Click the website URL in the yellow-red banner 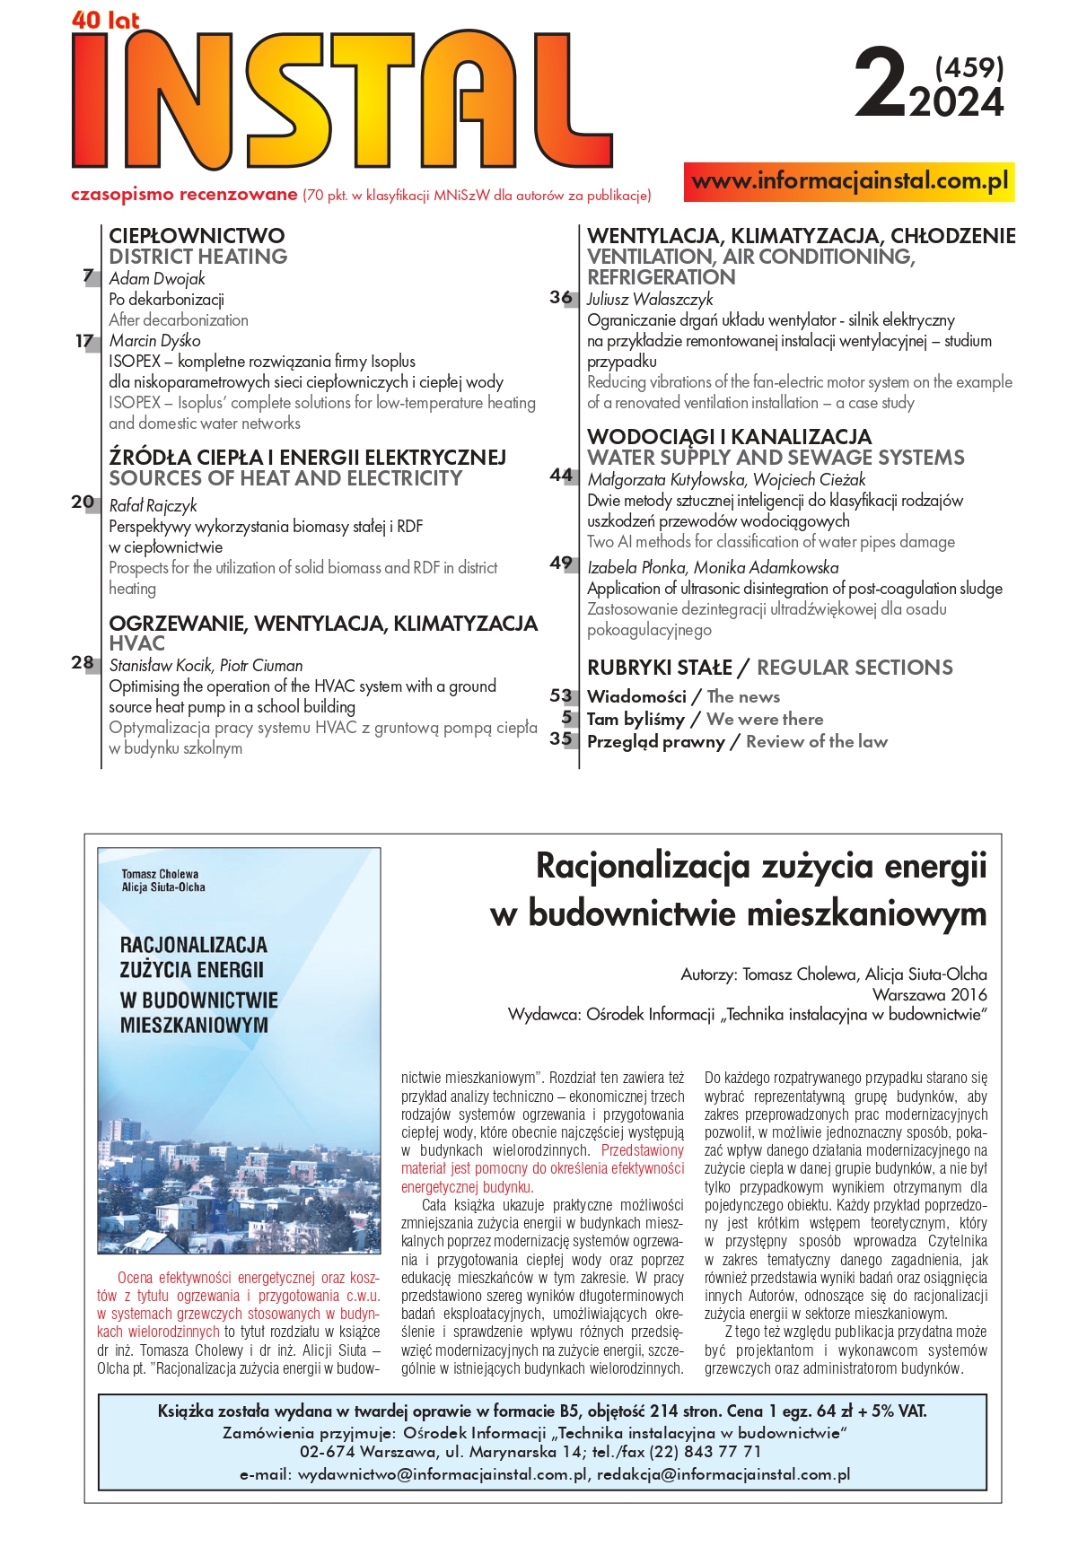849,181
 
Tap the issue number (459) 969,67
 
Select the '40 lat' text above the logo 105,20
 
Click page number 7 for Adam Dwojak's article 88,276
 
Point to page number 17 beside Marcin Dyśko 84,341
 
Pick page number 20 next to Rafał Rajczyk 83,502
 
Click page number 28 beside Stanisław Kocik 83,663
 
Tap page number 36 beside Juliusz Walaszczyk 561,297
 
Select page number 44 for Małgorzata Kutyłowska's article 561,476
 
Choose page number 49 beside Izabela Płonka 561,564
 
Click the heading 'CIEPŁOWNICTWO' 197,236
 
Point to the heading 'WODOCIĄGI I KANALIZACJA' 729,437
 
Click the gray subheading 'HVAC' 136,643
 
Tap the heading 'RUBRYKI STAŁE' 660,668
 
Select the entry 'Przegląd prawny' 655,742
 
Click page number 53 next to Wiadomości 561,696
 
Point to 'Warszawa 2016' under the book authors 929,994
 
